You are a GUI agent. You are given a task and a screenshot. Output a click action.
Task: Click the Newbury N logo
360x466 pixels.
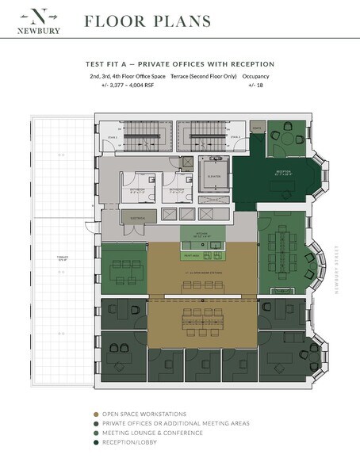pyautogui.click(x=44, y=15)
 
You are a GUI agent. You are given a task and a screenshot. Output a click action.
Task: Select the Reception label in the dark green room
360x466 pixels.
pyautogui.click(x=282, y=171)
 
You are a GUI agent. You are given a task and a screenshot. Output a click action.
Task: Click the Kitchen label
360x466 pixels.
pyautogui.click(x=203, y=234)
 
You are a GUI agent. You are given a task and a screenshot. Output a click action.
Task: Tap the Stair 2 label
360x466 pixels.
pyautogui.click(x=236, y=136)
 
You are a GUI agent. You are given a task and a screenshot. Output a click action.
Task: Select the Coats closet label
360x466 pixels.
pyautogui.click(x=256, y=128)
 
